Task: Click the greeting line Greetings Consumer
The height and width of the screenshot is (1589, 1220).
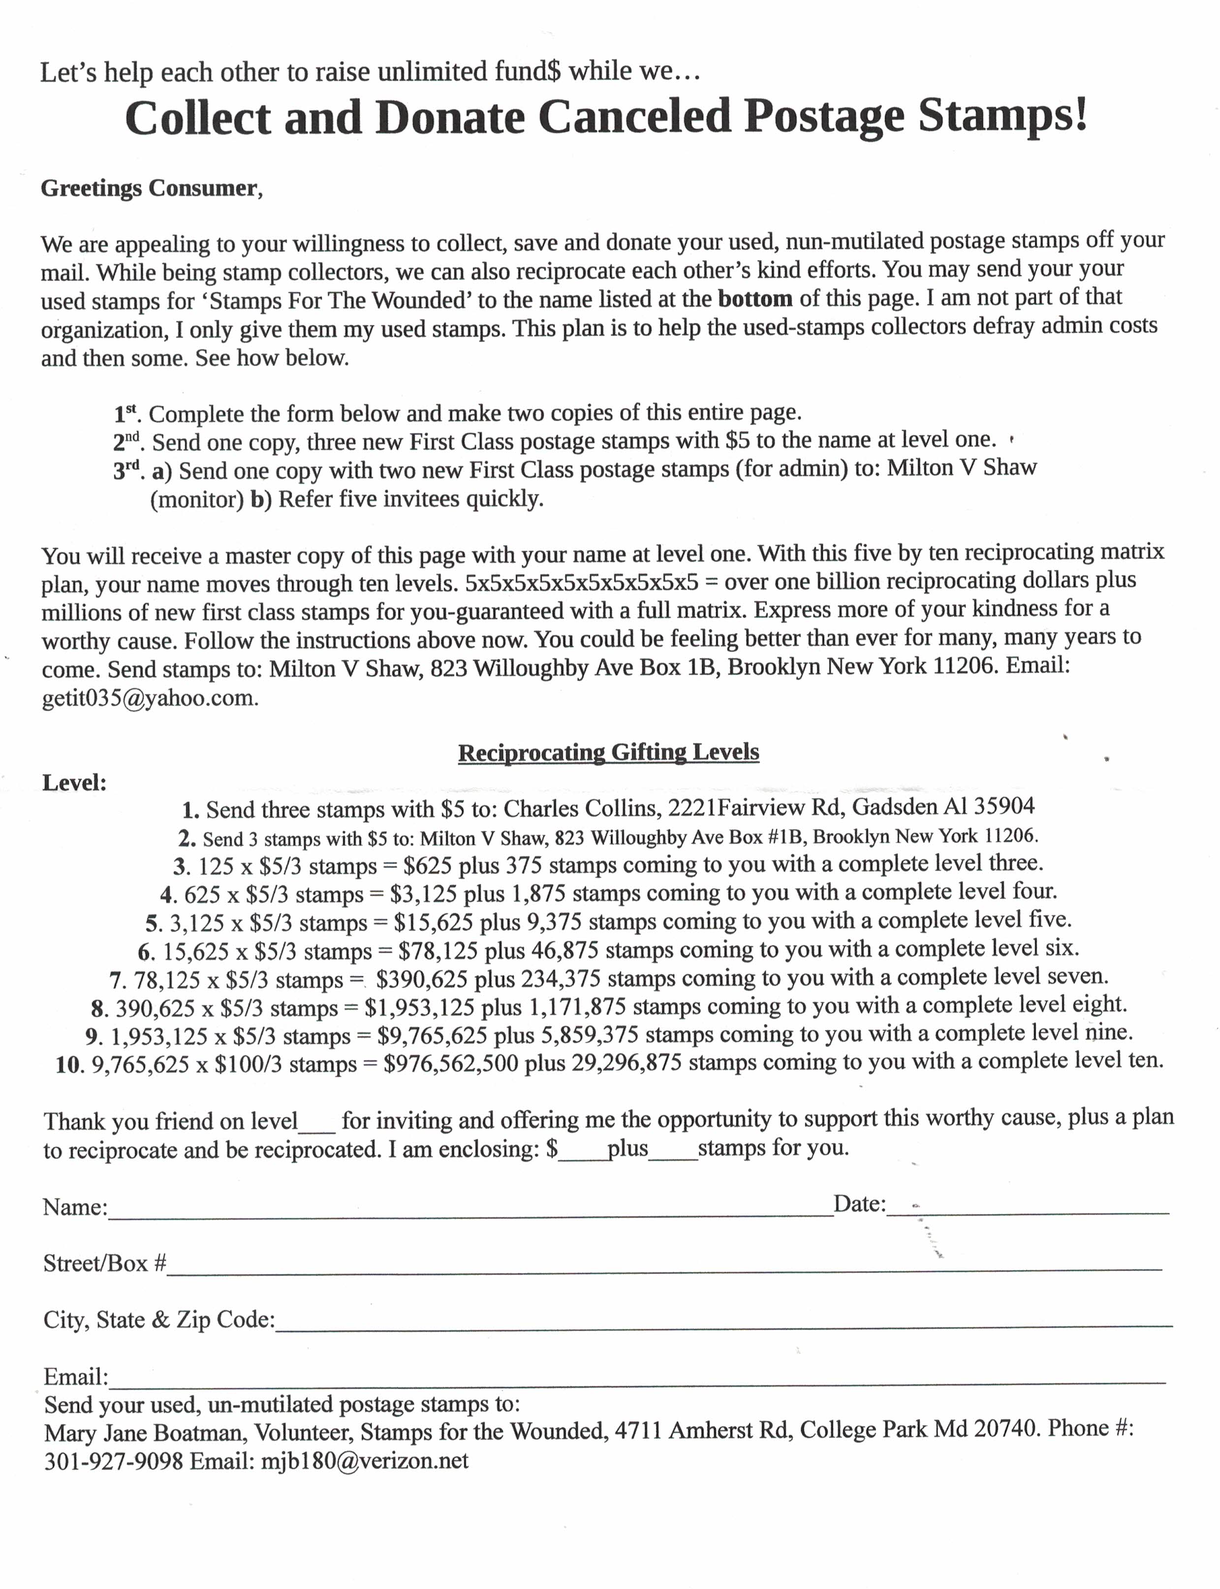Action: point(151,188)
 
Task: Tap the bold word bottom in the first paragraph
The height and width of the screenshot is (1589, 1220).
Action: point(755,299)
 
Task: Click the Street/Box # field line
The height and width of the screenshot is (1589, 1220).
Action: point(664,1267)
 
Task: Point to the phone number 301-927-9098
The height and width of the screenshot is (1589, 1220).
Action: point(113,1461)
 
